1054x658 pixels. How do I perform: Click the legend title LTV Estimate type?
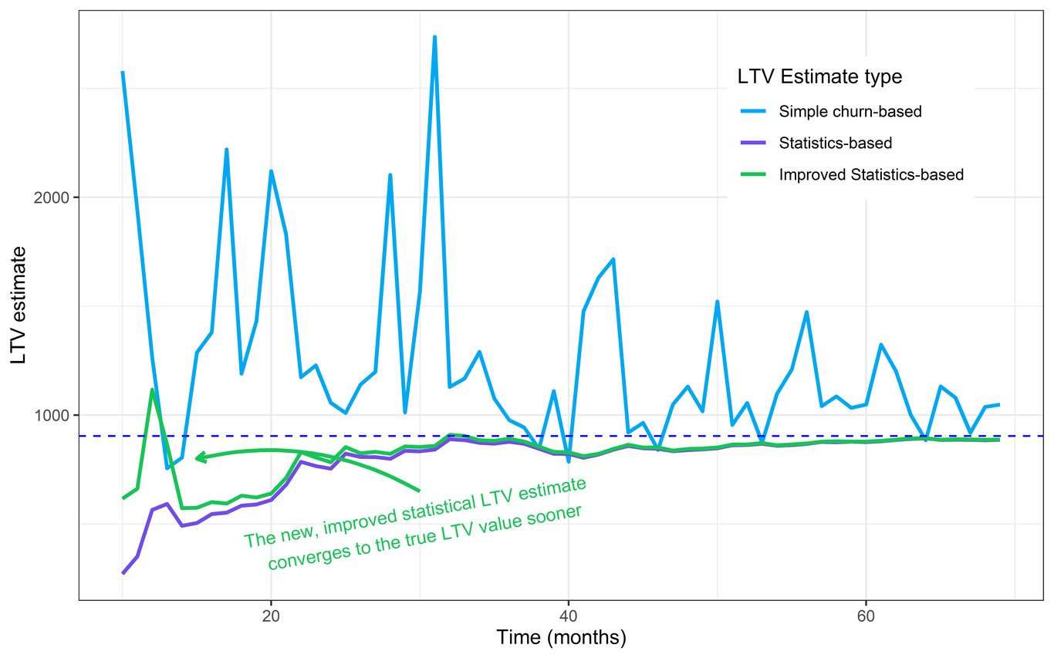coord(819,77)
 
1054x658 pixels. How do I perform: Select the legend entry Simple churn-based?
coord(850,111)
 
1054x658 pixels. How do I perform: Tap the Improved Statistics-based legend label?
coord(871,174)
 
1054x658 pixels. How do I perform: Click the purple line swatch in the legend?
coord(753,143)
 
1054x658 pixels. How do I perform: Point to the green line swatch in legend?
coord(753,174)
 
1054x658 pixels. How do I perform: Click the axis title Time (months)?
coord(561,638)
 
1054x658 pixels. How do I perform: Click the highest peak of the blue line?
coord(434,37)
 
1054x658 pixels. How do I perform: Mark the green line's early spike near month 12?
coord(152,390)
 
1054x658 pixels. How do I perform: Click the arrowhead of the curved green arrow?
coord(198,457)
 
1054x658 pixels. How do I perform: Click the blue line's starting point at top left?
coord(123,73)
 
